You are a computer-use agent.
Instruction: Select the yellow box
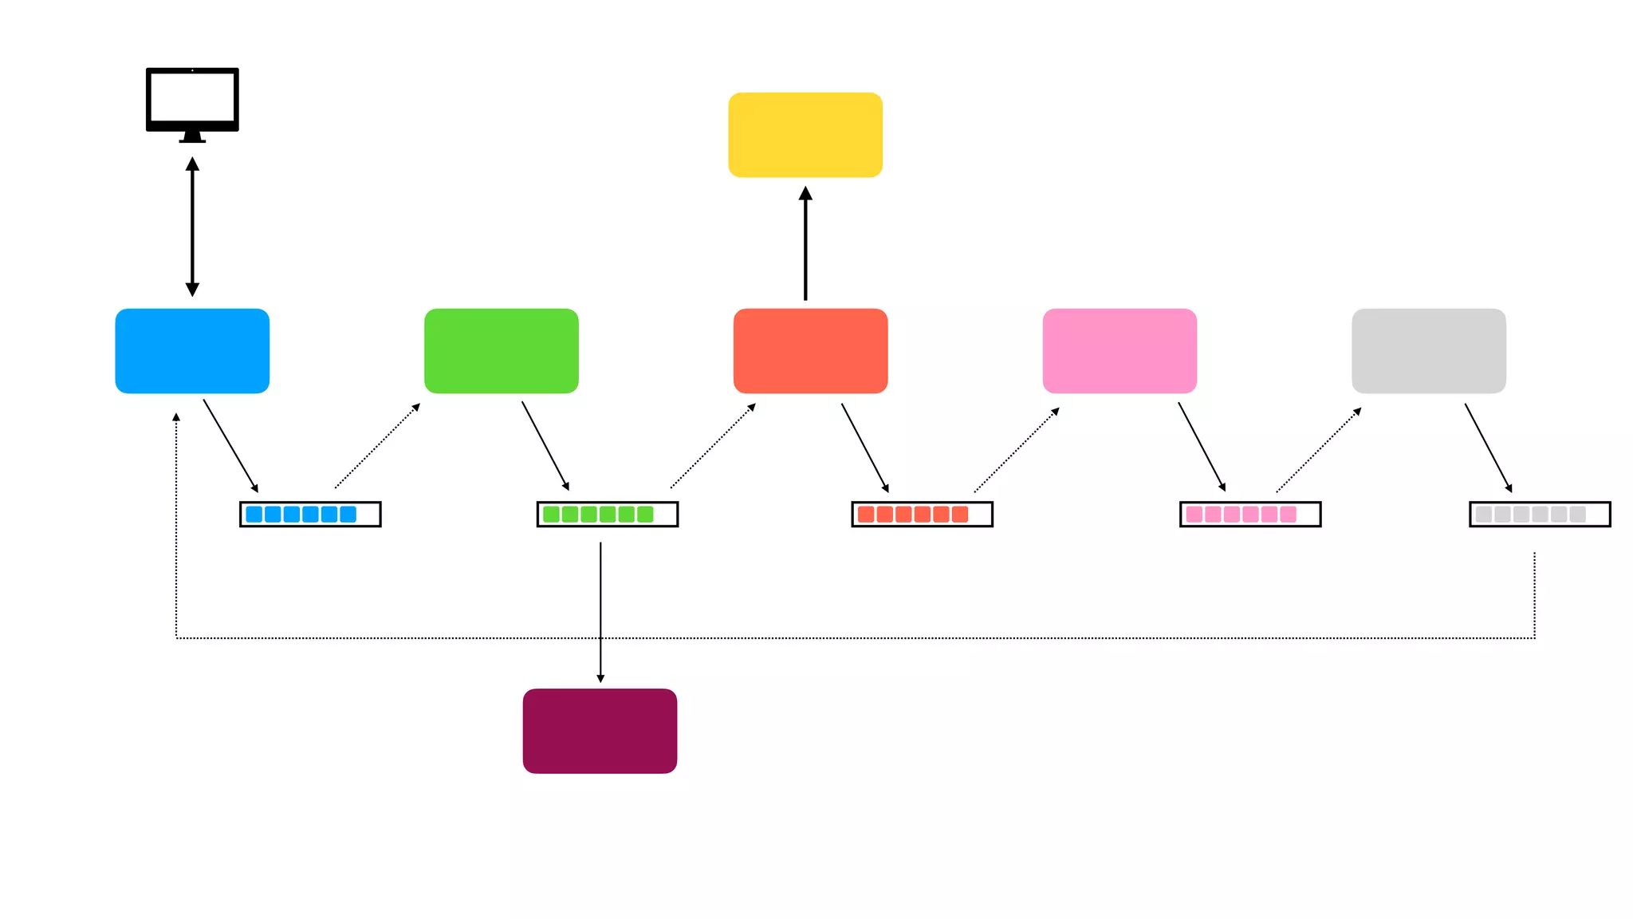point(805,135)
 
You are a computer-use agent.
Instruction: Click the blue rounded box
point(192,351)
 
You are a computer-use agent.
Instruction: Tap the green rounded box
point(501,351)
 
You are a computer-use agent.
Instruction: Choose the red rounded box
point(810,351)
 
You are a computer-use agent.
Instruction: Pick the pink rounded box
point(1119,351)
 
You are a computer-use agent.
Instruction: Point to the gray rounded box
point(1428,351)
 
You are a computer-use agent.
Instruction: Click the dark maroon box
point(600,731)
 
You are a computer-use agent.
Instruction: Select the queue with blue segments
point(310,515)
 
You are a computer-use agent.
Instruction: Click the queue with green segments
point(608,515)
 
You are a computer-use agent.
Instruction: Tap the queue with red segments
point(922,515)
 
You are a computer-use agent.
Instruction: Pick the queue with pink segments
point(1250,515)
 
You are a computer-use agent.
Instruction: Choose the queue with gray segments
point(1540,515)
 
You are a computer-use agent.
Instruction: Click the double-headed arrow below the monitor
point(192,227)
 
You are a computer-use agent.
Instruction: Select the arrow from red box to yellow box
point(805,243)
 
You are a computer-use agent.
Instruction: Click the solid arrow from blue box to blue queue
point(230,445)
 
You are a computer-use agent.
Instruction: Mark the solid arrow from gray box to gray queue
point(1488,448)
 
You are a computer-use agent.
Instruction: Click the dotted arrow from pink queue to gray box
point(1319,449)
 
